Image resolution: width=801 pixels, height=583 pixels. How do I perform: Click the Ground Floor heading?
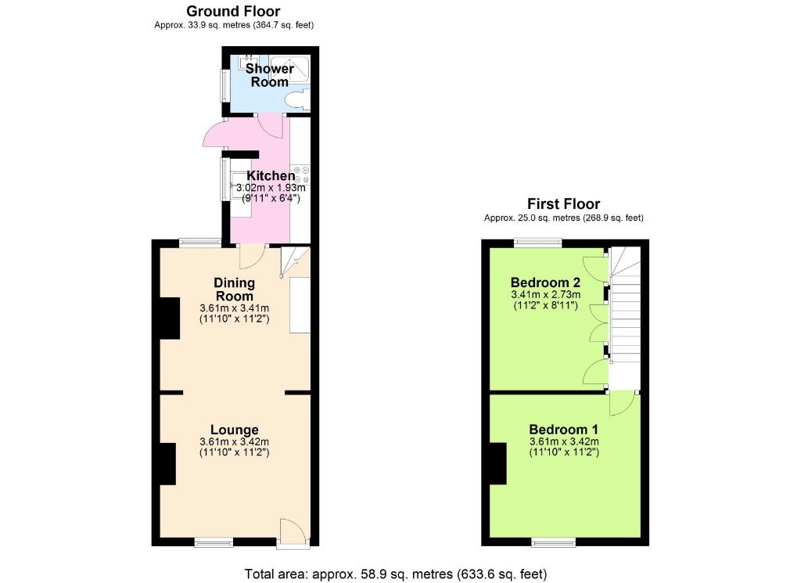pyautogui.click(x=234, y=11)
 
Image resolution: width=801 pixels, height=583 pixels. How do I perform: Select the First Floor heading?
pyautogui.click(x=563, y=204)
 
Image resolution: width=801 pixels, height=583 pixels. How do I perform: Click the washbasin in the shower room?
pyautogui.click(x=250, y=63)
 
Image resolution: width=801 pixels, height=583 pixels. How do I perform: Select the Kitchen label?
pyautogui.click(x=271, y=176)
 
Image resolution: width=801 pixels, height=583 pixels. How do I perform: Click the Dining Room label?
pyautogui.click(x=235, y=290)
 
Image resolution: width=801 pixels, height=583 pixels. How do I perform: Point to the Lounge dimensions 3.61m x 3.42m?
pyautogui.click(x=235, y=442)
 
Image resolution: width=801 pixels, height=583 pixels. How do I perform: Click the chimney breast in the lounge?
pyautogui.click(x=167, y=462)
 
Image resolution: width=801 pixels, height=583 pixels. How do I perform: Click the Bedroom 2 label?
pyautogui.click(x=545, y=283)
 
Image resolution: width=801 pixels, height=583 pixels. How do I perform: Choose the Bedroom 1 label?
pyautogui.click(x=563, y=430)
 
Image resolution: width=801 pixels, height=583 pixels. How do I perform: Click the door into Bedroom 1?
pyautogui.click(x=623, y=402)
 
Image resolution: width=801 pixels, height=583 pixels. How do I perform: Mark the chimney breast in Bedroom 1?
pyautogui.click(x=498, y=462)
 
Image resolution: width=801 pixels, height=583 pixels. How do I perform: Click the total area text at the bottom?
pyautogui.click(x=395, y=574)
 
